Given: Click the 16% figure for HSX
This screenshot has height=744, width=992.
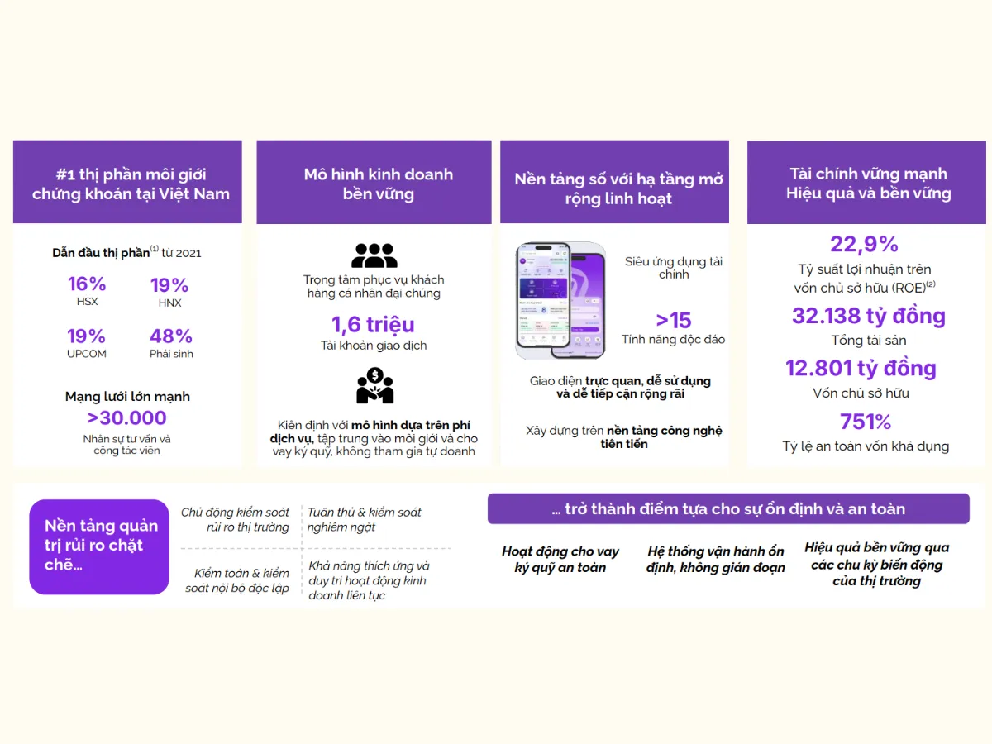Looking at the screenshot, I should coord(87,284).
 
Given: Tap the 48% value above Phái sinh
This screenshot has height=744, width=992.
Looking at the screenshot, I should coord(171,336).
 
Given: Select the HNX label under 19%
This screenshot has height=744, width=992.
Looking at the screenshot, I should coord(169,303).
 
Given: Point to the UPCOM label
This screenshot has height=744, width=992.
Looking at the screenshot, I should coord(87,354).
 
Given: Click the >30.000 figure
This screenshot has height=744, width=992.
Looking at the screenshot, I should coord(126,418).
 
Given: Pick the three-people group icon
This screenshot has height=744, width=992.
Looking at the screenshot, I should coord(374,255).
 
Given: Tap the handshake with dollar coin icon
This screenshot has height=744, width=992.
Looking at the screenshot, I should coord(374,386).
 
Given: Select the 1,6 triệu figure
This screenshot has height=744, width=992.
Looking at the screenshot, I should coord(374,324).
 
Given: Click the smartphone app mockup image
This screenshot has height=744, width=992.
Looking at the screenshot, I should coord(560,301).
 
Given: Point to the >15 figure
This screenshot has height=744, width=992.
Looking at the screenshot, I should coord(673,321).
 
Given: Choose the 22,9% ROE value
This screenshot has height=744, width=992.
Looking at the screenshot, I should coord(864,244).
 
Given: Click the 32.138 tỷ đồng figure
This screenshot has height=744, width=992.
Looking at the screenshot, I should coord(868,316).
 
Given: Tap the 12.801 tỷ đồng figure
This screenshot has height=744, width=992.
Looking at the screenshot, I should coord(861,368).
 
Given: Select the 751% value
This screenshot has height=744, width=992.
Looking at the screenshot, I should coord(866,422).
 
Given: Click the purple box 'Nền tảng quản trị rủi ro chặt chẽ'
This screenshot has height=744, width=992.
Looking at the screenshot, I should coord(99,546).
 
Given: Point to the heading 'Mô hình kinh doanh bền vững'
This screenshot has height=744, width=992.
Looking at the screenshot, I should coord(378,184).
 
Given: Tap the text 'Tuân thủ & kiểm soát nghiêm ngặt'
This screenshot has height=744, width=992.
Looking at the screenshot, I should coord(365,520).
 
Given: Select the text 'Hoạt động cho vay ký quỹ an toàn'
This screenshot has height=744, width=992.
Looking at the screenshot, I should coord(560,560).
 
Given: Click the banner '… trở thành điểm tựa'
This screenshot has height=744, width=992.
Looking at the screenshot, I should coord(728,509).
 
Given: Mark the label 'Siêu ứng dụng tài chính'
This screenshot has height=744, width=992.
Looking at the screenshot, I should coord(674,268).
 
